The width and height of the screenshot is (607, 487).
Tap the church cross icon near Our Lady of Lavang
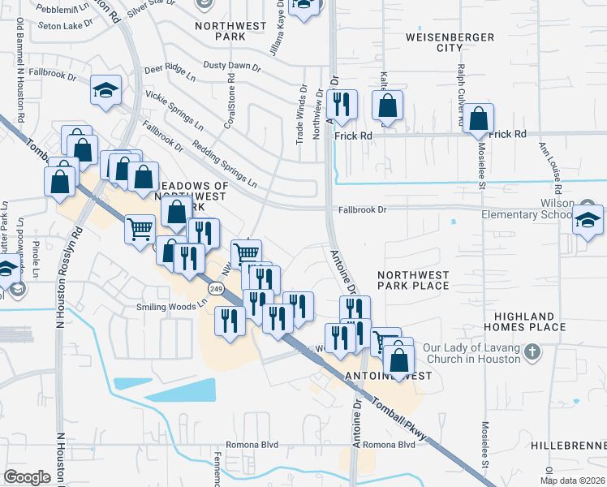532,352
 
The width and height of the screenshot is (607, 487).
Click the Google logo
28,476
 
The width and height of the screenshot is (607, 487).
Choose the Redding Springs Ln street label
224,163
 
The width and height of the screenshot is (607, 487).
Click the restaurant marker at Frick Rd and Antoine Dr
344,105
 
